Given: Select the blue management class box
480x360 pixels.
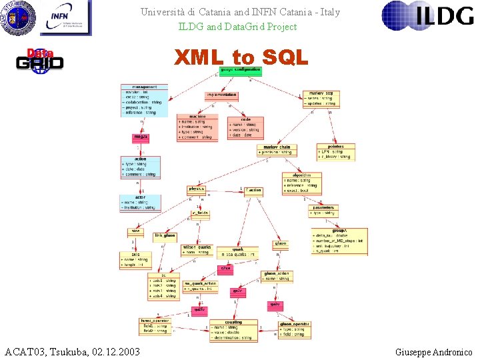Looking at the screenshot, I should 144,100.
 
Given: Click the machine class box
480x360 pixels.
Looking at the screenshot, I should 197,127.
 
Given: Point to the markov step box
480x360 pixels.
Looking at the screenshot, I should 321,99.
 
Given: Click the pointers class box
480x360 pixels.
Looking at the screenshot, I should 335,152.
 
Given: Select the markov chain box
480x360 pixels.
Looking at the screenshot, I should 277,150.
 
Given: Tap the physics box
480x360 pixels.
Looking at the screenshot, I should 197,189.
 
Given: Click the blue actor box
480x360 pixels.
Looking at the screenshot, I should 140,203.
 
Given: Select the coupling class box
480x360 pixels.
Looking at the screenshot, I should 233,330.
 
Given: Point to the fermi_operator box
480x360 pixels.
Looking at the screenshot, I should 155,326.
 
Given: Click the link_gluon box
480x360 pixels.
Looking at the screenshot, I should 165,236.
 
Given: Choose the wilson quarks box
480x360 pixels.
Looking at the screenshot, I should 197,249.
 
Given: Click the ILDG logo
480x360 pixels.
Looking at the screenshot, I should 427,17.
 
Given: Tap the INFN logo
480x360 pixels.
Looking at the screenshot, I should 65,18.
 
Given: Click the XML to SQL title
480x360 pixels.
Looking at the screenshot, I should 241,58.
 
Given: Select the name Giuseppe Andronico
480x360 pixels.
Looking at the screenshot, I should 433,352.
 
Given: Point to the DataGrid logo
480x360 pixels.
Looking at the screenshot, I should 40,60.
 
